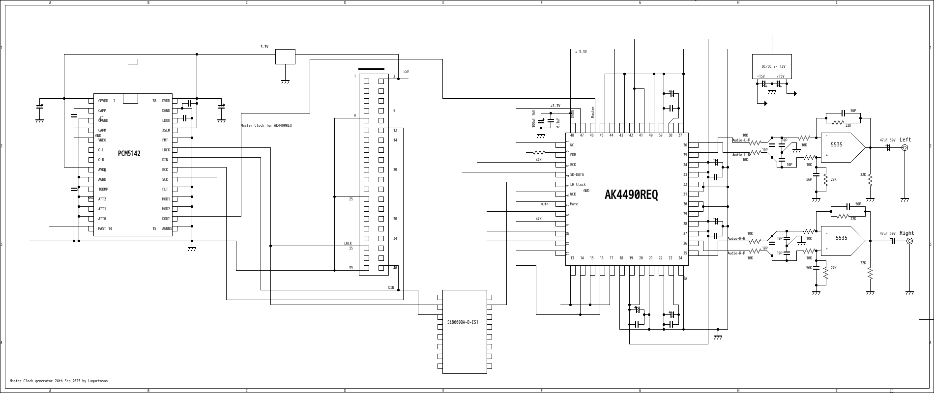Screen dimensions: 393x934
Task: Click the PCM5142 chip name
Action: [129, 154]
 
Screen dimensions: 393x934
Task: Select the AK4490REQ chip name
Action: [631, 195]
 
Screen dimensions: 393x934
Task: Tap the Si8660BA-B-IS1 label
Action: [462, 322]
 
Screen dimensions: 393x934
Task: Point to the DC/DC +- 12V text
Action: [773, 67]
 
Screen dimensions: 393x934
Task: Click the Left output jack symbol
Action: [905, 147]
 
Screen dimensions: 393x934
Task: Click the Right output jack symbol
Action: [909, 241]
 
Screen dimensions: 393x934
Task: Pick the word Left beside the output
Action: [905, 140]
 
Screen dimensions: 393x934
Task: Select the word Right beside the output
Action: [906, 233]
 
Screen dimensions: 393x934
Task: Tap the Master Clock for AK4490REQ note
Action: [266, 126]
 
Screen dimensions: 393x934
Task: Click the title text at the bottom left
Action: [58, 381]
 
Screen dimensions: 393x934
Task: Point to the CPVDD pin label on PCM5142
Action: [103, 101]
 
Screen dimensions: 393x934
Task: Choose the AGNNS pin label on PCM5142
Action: [167, 229]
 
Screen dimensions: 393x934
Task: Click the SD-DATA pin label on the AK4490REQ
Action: [577, 175]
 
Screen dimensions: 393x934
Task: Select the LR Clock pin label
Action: [578, 185]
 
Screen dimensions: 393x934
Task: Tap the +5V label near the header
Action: [406, 72]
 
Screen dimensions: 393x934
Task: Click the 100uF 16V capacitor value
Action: [533, 118]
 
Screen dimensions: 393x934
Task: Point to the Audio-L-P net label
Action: [741, 140]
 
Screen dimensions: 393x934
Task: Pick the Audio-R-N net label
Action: [736, 239]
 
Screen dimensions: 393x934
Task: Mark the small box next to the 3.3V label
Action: [285, 56]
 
